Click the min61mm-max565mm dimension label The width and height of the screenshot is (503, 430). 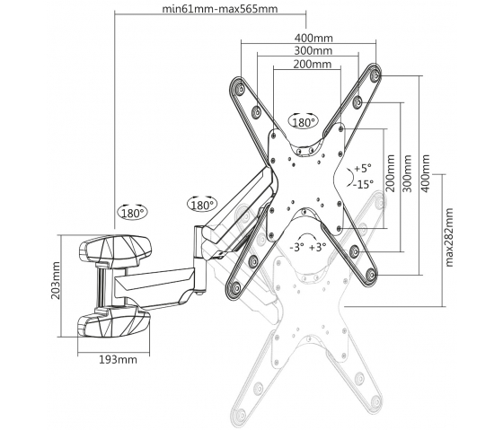point(220,9)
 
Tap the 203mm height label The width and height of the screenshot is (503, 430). point(56,281)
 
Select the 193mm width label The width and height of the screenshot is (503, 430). point(118,360)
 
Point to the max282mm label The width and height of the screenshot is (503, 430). point(449,237)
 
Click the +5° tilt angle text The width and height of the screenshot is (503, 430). point(363,168)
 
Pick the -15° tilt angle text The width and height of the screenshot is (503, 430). point(364,184)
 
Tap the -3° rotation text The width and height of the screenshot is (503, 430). point(296,247)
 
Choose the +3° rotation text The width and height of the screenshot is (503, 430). point(318,247)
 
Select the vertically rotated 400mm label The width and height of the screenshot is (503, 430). point(426,173)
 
